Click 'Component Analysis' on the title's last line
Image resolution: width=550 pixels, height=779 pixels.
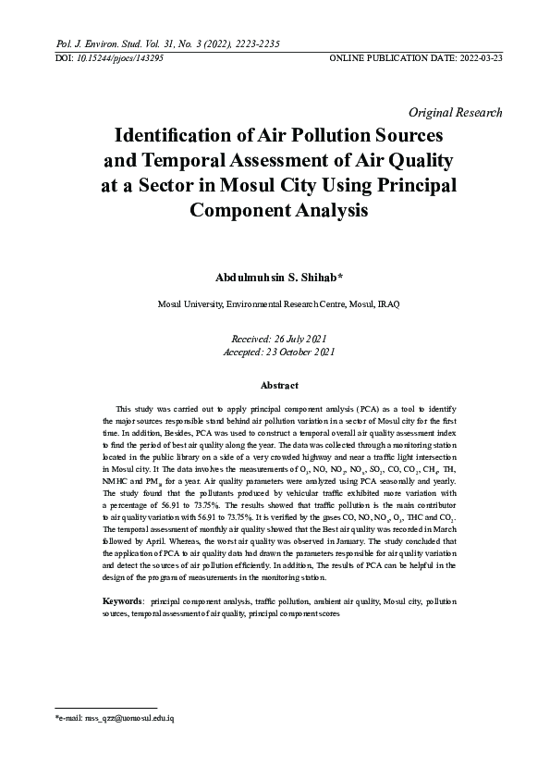tap(278, 210)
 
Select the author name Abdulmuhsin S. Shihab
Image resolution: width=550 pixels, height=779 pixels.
tap(276, 278)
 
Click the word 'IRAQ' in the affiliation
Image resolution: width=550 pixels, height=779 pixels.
tap(385, 303)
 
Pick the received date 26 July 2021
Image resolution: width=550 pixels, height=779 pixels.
tap(299, 340)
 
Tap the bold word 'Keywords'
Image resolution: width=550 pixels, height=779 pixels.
tap(121, 601)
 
